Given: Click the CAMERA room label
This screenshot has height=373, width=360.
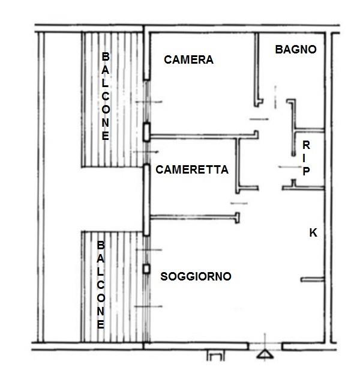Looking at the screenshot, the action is pyautogui.click(x=188, y=59).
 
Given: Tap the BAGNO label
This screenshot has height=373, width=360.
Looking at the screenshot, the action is pyautogui.click(x=296, y=49).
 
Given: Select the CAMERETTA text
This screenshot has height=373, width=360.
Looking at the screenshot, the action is pyautogui.click(x=192, y=170).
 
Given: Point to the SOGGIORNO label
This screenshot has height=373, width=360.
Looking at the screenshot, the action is pyautogui.click(x=196, y=276).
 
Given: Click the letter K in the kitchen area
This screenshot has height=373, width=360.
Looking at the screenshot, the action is pyautogui.click(x=313, y=232).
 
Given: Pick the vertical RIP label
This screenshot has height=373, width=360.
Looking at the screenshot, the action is pyautogui.click(x=306, y=158).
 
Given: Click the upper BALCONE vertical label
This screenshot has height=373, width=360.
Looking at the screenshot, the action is pyautogui.click(x=106, y=96).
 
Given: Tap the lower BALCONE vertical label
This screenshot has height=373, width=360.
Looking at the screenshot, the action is pyautogui.click(x=101, y=285).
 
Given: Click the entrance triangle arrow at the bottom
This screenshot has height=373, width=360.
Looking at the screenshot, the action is pyautogui.click(x=265, y=354).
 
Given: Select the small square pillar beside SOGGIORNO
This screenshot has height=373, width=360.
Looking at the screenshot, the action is pyautogui.click(x=146, y=269).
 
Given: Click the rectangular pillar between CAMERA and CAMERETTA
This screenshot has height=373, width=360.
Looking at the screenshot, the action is pyautogui.click(x=146, y=132).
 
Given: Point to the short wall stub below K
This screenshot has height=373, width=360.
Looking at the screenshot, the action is pyautogui.click(x=313, y=279).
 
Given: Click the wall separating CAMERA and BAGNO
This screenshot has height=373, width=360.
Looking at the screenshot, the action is pyautogui.click(x=257, y=70).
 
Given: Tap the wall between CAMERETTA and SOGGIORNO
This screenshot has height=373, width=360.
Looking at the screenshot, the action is pyautogui.click(x=195, y=216).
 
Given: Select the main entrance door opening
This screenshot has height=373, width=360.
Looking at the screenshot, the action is pyautogui.click(x=265, y=347).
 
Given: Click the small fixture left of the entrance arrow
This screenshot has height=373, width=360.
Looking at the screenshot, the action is pyautogui.click(x=215, y=356).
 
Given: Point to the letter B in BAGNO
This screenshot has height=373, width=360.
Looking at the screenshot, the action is pyautogui.click(x=279, y=49).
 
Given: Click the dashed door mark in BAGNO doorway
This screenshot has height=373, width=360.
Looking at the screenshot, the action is pyautogui.click(x=275, y=97).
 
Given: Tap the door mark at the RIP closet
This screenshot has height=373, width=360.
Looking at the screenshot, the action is pyautogui.click(x=290, y=167).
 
